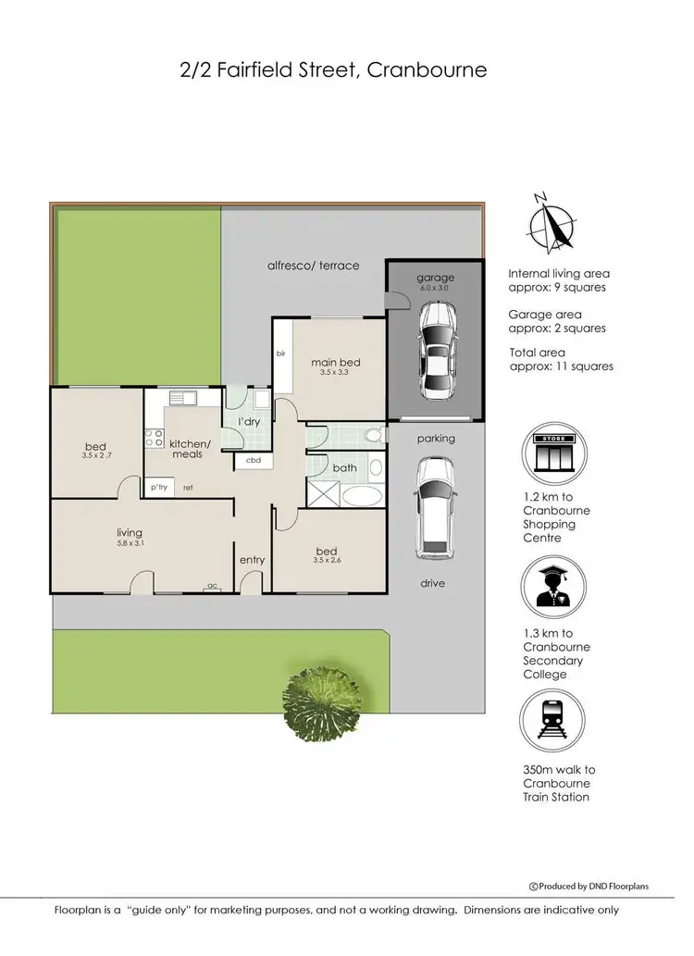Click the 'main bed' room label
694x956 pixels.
pyautogui.click(x=335, y=362)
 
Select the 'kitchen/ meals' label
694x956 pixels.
pyautogui.click(x=191, y=448)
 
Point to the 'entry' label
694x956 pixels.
pyautogui.click(x=252, y=560)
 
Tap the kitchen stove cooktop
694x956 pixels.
pyautogui.click(x=154, y=439)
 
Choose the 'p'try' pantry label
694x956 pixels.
pyautogui.click(x=157, y=488)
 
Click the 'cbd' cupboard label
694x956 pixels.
pyautogui.click(x=253, y=460)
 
